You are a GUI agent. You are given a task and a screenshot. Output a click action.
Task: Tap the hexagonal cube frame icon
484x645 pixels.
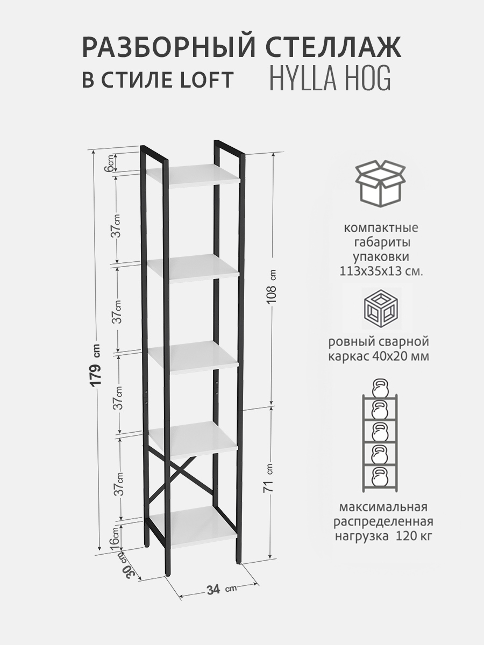pyautogui.click(x=381, y=309)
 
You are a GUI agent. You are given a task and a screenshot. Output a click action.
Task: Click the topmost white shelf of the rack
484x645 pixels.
pyautogui.click(x=194, y=176)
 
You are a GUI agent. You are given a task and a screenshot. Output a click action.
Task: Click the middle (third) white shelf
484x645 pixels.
pyautogui.click(x=193, y=357)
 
